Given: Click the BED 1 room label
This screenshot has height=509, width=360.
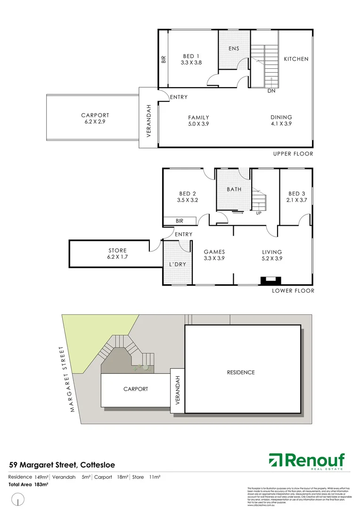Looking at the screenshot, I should point(191,56).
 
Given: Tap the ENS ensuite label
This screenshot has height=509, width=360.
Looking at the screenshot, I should point(234,49).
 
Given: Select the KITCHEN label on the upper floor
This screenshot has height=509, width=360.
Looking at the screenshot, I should point(296,59).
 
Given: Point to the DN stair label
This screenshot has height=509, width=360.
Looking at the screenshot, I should point(271,91).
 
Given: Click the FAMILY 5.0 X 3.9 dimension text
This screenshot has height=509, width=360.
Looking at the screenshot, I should point(198,121).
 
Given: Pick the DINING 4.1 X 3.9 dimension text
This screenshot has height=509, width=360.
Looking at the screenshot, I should point(281,121).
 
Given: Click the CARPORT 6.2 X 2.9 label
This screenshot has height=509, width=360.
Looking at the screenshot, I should point(95,118).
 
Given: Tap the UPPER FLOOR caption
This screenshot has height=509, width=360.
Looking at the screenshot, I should point(293,154).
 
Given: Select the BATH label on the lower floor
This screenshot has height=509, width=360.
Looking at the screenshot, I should point(234,189).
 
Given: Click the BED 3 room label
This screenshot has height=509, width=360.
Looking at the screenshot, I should point(297,197).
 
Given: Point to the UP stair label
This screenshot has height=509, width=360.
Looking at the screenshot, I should point(259,213).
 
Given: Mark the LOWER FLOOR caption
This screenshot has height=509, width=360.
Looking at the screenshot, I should point(293,291).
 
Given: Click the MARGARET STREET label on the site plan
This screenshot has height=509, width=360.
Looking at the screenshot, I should point(67,379).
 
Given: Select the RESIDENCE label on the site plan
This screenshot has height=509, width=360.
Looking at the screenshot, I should point(241,372).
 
